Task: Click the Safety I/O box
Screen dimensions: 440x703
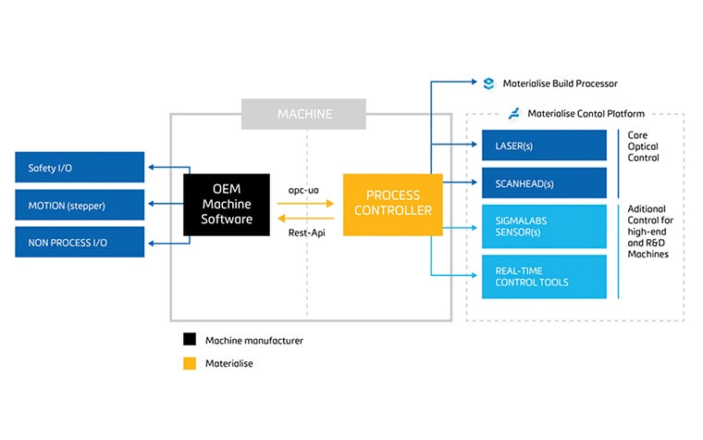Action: click(80, 168)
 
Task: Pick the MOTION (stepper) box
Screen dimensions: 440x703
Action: click(80, 205)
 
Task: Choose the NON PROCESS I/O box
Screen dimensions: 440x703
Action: click(80, 242)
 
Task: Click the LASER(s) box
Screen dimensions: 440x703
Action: click(544, 145)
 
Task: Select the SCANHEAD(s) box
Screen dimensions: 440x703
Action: click(544, 182)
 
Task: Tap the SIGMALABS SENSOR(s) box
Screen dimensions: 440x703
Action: click(544, 226)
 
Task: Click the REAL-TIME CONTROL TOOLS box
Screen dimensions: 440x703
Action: click(544, 276)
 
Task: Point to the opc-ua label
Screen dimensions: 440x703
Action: click(304, 189)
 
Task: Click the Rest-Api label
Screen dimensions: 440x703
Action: click(304, 233)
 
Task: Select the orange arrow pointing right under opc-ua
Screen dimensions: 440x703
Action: click(306, 203)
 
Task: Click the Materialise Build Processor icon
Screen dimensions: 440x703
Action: click(488, 83)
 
